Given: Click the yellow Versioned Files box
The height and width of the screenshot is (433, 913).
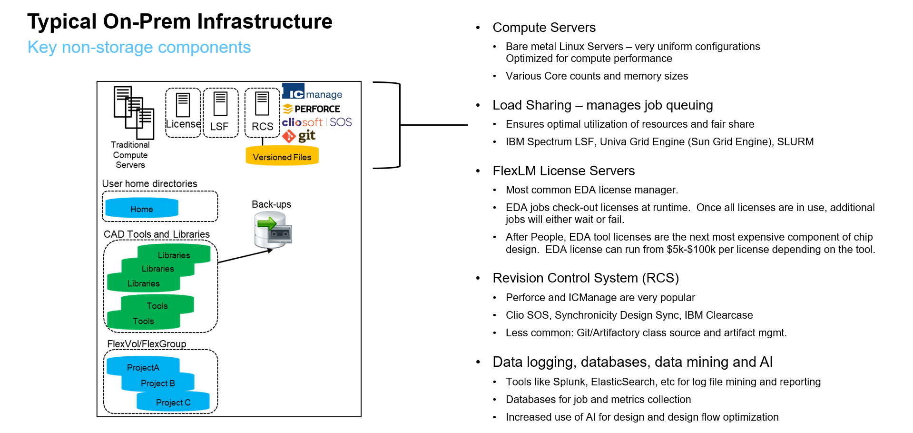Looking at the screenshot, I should (282, 156).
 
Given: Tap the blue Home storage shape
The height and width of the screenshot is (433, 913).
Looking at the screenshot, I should (142, 209).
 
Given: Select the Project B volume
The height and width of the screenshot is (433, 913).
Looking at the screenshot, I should (158, 383).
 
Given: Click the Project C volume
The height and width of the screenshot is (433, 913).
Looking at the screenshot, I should (173, 402).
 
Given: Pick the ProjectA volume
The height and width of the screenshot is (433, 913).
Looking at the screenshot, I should (143, 367).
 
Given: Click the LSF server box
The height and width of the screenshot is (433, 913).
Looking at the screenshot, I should (220, 112).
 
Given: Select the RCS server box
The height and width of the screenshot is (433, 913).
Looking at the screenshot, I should (262, 112).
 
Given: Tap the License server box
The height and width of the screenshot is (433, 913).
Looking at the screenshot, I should (183, 112).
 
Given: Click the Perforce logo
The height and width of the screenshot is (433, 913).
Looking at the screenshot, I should (312, 109).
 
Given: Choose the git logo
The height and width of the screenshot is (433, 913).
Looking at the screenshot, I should (299, 136).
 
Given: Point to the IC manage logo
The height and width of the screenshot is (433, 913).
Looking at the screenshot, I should (312, 92).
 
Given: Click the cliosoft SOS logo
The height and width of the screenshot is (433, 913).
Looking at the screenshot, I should (317, 122).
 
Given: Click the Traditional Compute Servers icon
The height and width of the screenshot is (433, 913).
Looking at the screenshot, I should (134, 112).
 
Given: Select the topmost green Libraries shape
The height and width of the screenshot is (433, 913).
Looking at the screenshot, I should (174, 254).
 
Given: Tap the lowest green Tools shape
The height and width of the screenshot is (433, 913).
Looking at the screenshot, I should (143, 321).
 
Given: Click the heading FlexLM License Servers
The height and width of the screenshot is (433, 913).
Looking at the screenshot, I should (563, 171).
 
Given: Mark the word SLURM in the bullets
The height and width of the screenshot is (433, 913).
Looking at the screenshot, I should (795, 142).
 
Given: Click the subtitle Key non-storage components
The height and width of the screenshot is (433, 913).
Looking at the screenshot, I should (139, 48).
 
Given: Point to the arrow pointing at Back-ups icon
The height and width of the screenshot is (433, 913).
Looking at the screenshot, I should (245, 256).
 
